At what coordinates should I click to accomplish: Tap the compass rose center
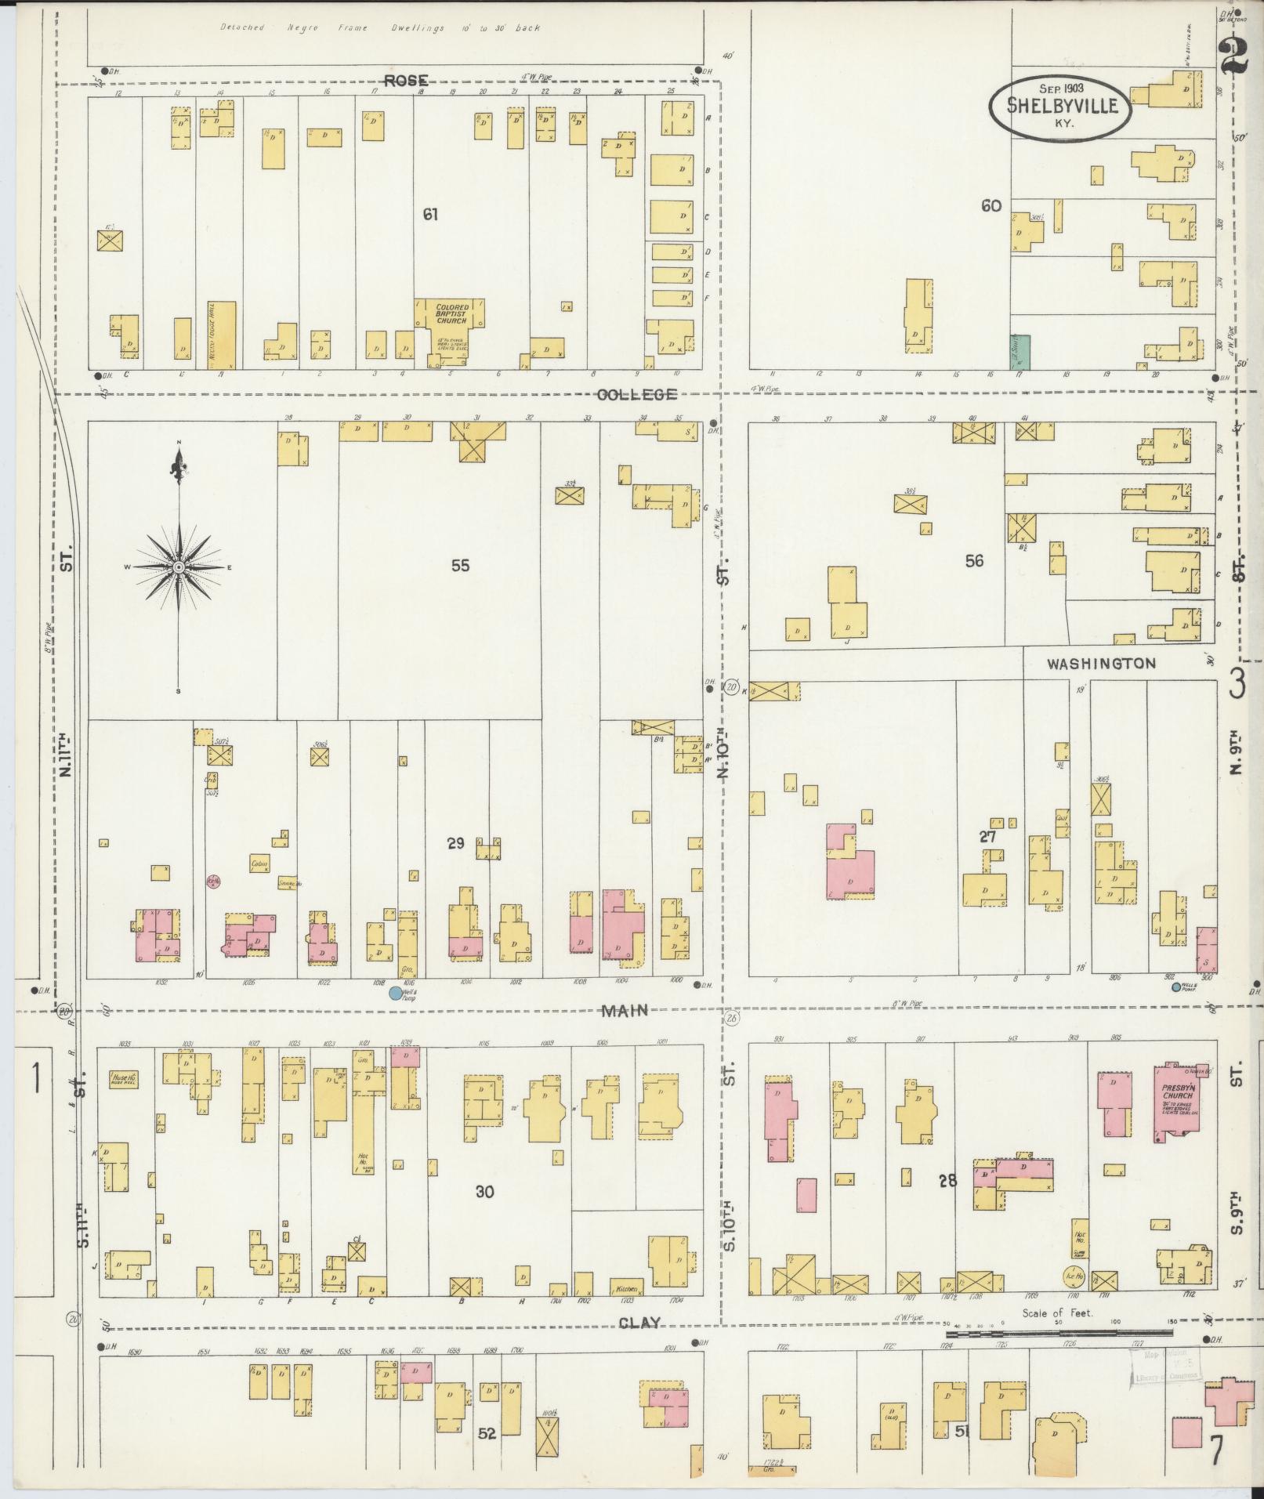pos(179,566)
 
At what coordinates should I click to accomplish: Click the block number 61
pos(429,213)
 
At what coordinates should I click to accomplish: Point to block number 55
pos(460,565)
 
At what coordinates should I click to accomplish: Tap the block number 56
pos(974,561)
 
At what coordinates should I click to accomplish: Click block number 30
pos(484,1214)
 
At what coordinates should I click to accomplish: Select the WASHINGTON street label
pos(1101,664)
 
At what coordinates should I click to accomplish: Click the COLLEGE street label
pos(636,394)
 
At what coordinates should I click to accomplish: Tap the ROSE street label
pos(406,80)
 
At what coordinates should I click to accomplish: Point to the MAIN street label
pos(625,1011)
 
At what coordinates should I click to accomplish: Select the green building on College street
pos(1020,352)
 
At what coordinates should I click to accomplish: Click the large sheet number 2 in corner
pos(1234,55)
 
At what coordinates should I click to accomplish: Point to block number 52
pos(487,1433)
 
